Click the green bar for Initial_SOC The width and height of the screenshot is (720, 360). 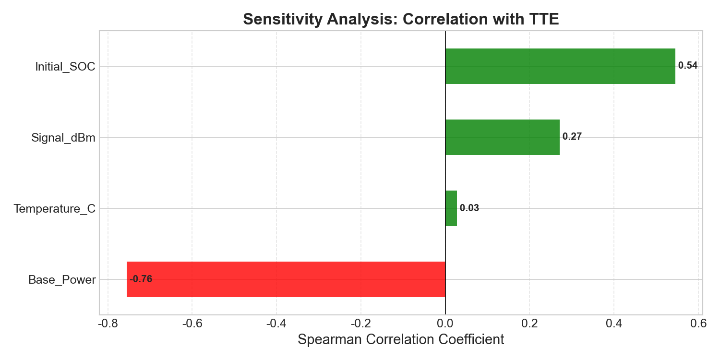pyautogui.click(x=560, y=66)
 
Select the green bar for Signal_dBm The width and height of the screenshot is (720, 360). pyautogui.click(x=502, y=137)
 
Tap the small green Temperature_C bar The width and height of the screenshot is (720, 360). pyautogui.click(x=451, y=208)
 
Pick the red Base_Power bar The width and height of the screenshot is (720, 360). pyautogui.click(x=286, y=279)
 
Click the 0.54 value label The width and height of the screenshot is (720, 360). pyautogui.click(x=688, y=66)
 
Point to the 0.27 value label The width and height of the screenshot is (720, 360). pyautogui.click(x=572, y=137)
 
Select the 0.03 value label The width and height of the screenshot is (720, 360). pyautogui.click(x=469, y=208)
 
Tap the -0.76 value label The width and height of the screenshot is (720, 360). pyautogui.click(x=141, y=279)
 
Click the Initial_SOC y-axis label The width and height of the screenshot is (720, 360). pyautogui.click(x=65, y=67)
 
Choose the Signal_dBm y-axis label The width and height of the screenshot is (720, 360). pyautogui.click(x=63, y=138)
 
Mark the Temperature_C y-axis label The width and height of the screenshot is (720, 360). pyautogui.click(x=55, y=209)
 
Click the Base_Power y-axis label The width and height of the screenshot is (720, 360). pyautogui.click(x=62, y=280)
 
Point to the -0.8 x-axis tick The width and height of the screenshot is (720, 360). pyautogui.click(x=108, y=324)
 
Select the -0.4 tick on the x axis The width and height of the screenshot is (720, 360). pyautogui.click(x=276, y=324)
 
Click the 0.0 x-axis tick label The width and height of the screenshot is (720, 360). pyautogui.click(x=445, y=324)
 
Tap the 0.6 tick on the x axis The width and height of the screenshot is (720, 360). pyautogui.click(x=699, y=324)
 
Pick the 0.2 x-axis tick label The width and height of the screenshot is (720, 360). pyautogui.click(x=529, y=324)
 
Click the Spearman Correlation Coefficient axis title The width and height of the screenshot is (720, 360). pyautogui.click(x=401, y=340)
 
